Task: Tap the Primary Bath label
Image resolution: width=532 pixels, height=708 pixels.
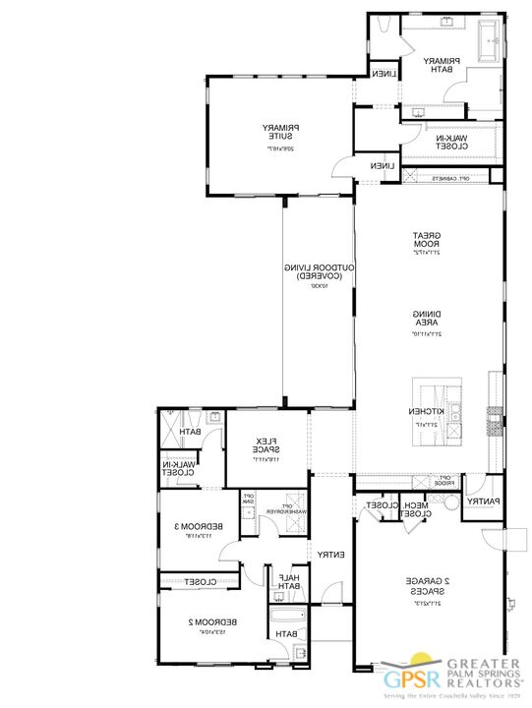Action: (438, 65)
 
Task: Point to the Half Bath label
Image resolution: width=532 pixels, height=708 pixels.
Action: (289, 581)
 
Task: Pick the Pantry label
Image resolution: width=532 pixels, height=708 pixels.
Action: (482, 501)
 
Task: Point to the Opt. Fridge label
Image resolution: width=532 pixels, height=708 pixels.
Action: (443, 480)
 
